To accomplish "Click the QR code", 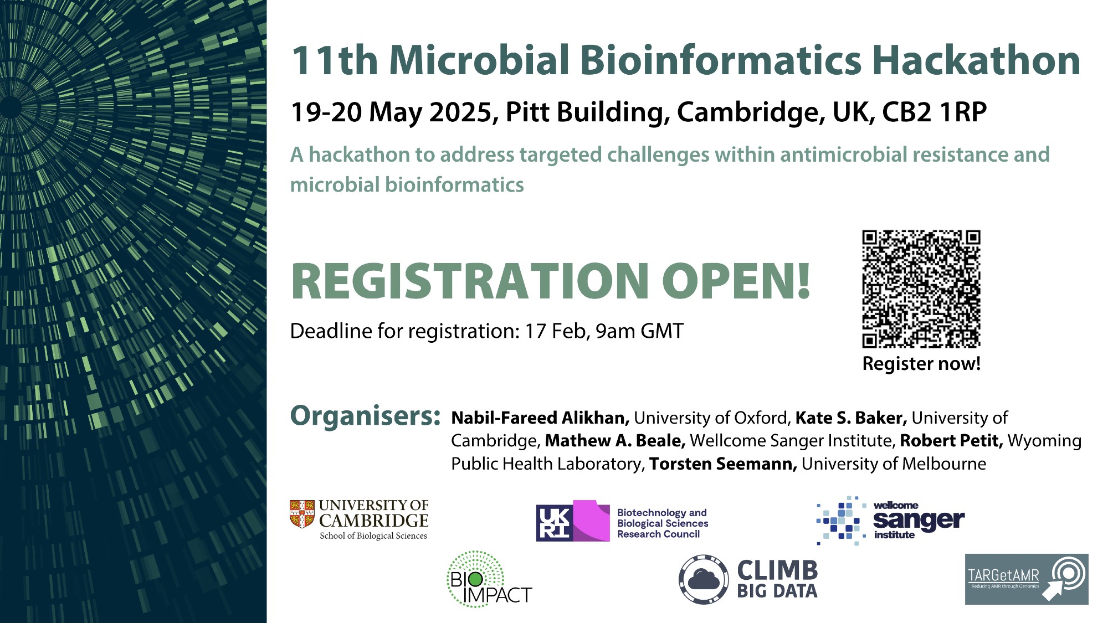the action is (921, 289).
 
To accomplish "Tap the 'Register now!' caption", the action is (921, 364).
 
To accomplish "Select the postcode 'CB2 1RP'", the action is (935, 112).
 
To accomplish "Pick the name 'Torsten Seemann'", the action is (723, 464).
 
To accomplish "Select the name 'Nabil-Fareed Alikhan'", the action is (540, 418).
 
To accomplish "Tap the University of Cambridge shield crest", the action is (302, 514).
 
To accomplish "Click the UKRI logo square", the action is (554, 523).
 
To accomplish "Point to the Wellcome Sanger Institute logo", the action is (890, 521).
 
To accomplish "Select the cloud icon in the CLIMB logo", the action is (704, 580).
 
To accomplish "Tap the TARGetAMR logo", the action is (1027, 579).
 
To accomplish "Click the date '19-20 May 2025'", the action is (391, 112).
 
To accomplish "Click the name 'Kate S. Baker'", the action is (851, 418).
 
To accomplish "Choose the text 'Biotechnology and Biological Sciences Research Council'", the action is (663, 523).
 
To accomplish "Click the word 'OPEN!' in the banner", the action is (736, 281).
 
